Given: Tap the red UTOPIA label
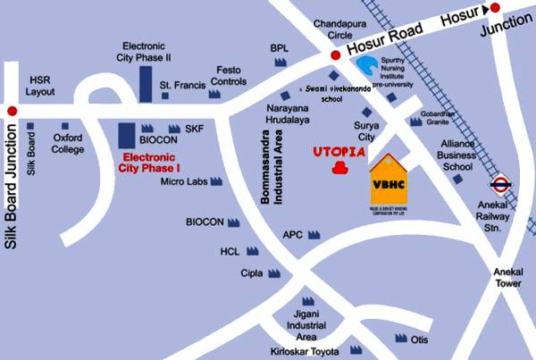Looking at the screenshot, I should coord(339,153).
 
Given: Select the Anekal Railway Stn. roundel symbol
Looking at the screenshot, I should coord(500,187).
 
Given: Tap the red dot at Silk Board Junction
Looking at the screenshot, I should coord(11,110).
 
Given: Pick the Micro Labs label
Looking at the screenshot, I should coord(184,181).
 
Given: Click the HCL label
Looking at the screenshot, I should coord(230,252).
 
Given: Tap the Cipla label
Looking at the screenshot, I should coord(252,273).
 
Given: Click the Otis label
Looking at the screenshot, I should coord(421,339).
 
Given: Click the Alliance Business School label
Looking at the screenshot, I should coord(456,154).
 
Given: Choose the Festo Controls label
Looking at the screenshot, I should coord(229,75).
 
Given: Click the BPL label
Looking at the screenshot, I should coord(279,47).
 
